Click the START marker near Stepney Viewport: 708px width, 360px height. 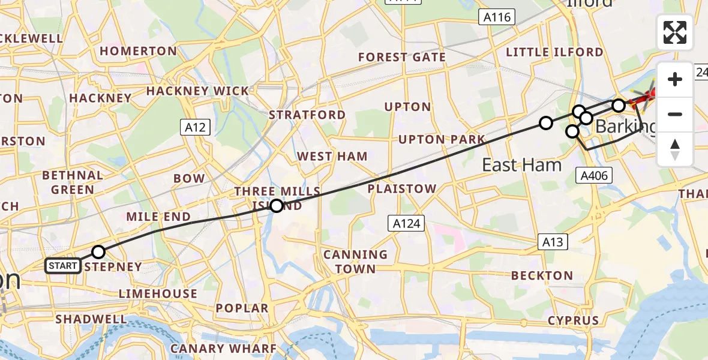(x=63, y=265)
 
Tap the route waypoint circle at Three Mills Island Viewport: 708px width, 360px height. (x=276, y=206)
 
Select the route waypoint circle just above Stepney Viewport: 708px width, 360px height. (x=98, y=252)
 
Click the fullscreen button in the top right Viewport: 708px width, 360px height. (x=675, y=32)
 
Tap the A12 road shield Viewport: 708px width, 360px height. (x=195, y=127)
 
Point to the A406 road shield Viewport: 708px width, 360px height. (x=593, y=176)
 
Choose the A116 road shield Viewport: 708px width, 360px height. (x=498, y=17)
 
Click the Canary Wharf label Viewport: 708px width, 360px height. (x=223, y=349)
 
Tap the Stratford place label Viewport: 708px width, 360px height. (x=307, y=115)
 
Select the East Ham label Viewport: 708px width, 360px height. (x=521, y=165)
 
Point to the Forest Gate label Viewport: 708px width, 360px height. (x=402, y=58)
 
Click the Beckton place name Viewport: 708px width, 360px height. (x=542, y=275)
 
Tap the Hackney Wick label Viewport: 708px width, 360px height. (x=197, y=91)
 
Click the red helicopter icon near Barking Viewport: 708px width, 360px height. (x=646, y=96)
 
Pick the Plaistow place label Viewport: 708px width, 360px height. (x=402, y=189)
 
